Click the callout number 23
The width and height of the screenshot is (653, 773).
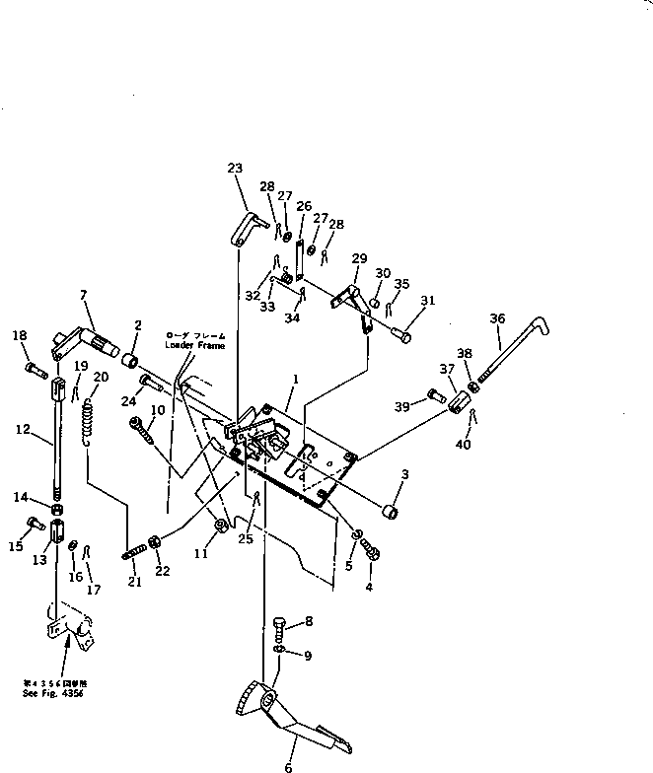[x=234, y=169]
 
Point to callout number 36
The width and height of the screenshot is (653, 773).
[x=496, y=318]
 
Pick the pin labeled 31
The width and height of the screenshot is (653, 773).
[x=400, y=334]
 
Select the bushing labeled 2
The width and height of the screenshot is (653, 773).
[x=129, y=357]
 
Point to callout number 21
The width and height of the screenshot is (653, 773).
[x=134, y=583]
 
